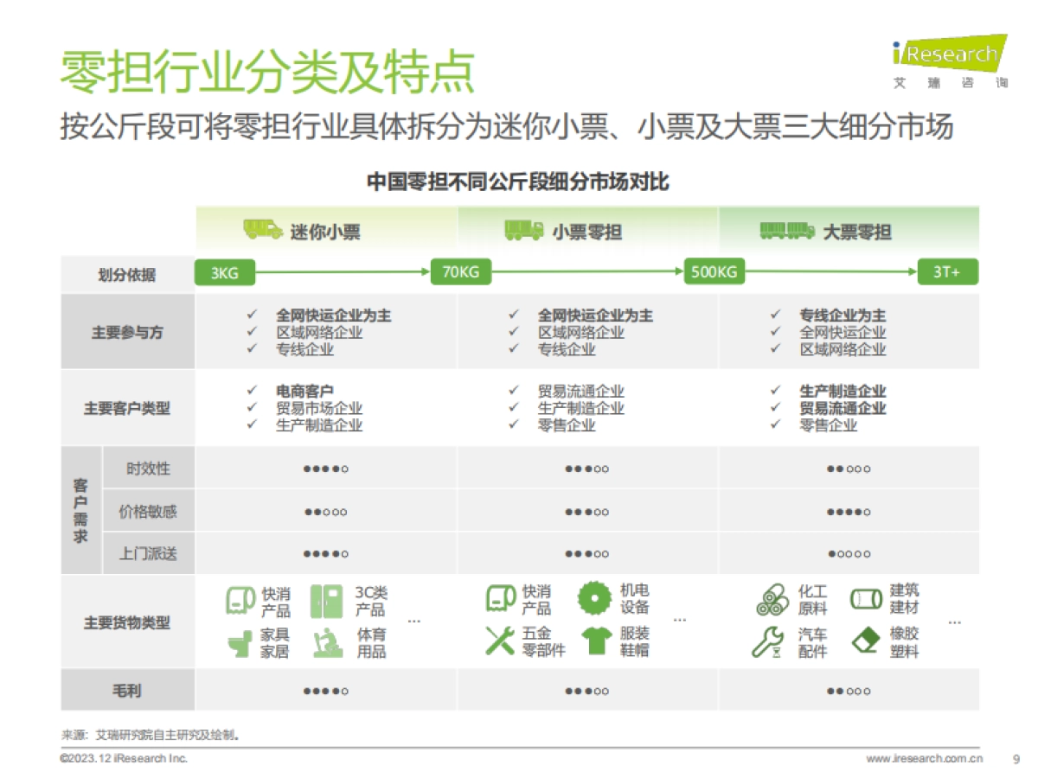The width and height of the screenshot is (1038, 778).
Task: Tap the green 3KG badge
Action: click(x=225, y=273)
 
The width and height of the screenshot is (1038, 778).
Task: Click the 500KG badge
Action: click(x=714, y=273)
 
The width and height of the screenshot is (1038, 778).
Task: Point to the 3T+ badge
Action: click(x=946, y=273)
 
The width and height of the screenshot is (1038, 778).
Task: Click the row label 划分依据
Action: click(x=127, y=275)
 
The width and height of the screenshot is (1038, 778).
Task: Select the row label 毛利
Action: click(x=127, y=691)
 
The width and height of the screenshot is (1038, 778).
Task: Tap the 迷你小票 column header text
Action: click(x=325, y=232)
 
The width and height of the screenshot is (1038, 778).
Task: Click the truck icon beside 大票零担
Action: click(x=786, y=230)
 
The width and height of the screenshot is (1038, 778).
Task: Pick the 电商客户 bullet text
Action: click(x=304, y=392)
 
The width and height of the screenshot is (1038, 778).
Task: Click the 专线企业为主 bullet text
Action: click(x=843, y=316)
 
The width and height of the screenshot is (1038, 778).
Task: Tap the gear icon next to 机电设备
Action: click(x=594, y=598)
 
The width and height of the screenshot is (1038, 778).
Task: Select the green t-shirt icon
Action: click(x=597, y=641)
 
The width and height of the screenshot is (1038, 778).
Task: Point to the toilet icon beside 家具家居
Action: click(x=240, y=643)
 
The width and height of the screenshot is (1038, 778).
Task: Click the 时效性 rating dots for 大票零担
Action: click(x=848, y=469)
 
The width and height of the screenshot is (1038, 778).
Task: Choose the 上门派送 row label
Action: click(x=148, y=554)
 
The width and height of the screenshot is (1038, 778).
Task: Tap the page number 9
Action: click(x=1016, y=759)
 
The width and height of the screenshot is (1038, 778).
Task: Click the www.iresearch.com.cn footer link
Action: click(x=924, y=759)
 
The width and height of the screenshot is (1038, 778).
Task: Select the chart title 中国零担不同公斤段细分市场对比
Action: click(x=518, y=183)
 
